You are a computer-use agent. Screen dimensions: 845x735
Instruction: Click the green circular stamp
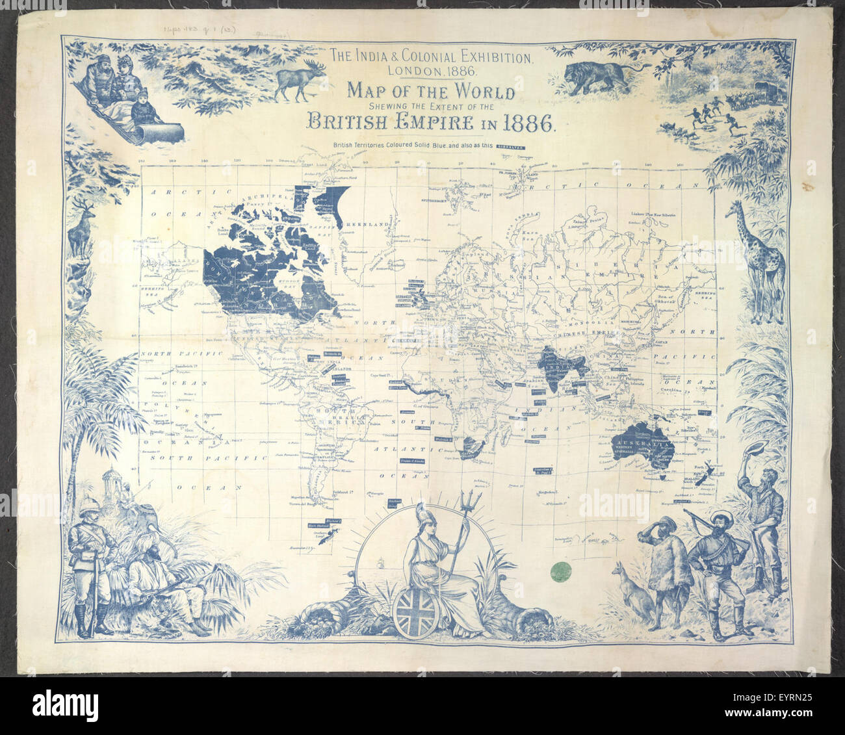click(556, 571)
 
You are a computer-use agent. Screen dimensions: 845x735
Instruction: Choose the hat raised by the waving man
click(758, 449)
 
